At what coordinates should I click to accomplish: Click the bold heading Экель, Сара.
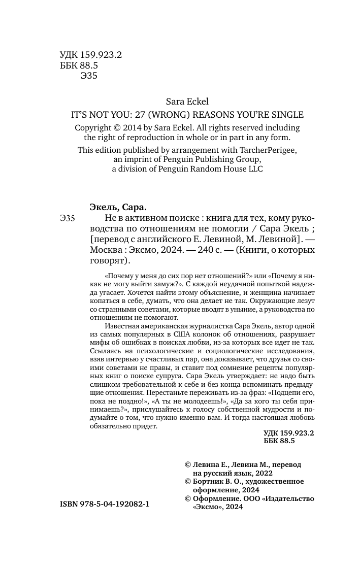tap(118, 208)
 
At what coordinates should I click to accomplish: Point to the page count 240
tap(186, 250)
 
